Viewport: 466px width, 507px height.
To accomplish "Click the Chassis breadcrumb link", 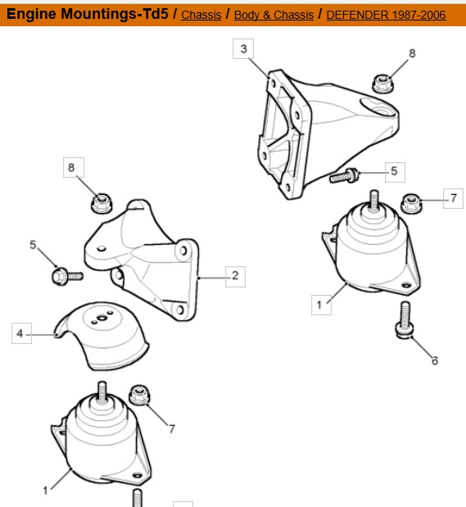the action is click(201, 15).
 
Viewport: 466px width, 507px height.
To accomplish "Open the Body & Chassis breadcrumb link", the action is click(274, 15).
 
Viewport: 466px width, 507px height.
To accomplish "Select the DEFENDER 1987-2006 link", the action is click(386, 15).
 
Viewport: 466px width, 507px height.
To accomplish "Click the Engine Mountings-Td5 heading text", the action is click(88, 14).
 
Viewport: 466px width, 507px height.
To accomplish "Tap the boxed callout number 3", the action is click(243, 49).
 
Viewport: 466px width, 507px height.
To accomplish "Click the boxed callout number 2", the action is click(235, 276).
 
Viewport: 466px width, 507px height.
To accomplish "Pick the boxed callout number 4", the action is click(21, 333).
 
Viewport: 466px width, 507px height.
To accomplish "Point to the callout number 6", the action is click(435, 360).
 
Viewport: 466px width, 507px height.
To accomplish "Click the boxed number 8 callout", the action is click(74, 167).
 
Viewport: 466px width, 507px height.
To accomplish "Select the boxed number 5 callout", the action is click(395, 171).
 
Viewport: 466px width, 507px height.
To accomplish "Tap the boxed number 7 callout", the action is click(453, 198).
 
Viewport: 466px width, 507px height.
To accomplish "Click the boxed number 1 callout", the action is click(321, 305).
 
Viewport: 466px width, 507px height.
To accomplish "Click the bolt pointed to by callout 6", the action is click(405, 320).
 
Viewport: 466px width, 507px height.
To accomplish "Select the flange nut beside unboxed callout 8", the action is click(383, 84).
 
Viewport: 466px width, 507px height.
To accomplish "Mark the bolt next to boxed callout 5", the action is click(344, 176).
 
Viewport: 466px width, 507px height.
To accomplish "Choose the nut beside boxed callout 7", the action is click(411, 204).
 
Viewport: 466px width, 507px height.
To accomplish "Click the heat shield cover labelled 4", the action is click(102, 336).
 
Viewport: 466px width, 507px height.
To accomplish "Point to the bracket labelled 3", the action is click(327, 133).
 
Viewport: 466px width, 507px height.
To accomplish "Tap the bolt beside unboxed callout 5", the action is click(67, 277).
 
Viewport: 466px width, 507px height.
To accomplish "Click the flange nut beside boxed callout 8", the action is click(102, 203).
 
